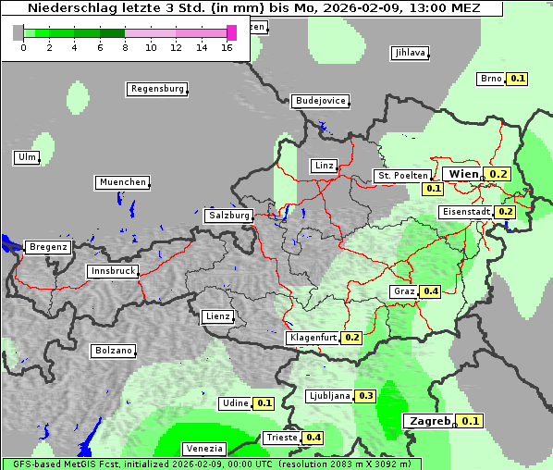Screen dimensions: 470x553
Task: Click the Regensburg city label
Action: point(156,89)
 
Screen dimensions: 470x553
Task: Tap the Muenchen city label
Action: point(122,182)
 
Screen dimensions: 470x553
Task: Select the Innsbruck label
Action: point(113,271)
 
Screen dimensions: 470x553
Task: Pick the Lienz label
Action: point(217,316)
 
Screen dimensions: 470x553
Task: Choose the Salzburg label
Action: point(229,216)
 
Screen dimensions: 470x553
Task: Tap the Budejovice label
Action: point(320,101)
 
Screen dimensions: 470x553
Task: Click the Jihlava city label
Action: point(410,53)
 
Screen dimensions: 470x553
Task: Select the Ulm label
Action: point(27,157)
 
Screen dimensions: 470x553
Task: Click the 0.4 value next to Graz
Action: point(430,291)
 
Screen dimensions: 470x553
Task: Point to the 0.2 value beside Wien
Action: point(499,174)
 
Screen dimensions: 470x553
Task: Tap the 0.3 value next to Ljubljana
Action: point(365,396)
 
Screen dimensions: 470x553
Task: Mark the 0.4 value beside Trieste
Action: point(313,438)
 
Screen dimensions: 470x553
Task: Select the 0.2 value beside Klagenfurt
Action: point(352,338)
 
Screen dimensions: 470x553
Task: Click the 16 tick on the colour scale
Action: point(227,46)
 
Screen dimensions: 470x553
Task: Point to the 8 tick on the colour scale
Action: point(125,46)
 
